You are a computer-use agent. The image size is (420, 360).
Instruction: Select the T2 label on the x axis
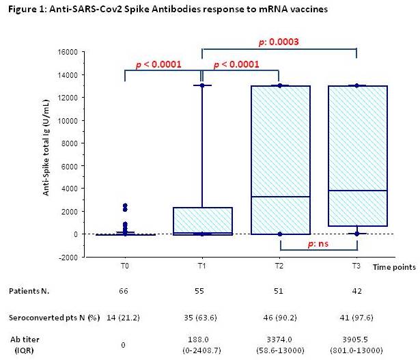[281, 266]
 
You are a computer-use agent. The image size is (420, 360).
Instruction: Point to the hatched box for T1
[203, 220]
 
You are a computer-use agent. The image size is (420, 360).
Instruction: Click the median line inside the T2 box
[281, 197]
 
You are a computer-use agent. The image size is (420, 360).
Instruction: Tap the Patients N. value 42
[359, 290]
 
